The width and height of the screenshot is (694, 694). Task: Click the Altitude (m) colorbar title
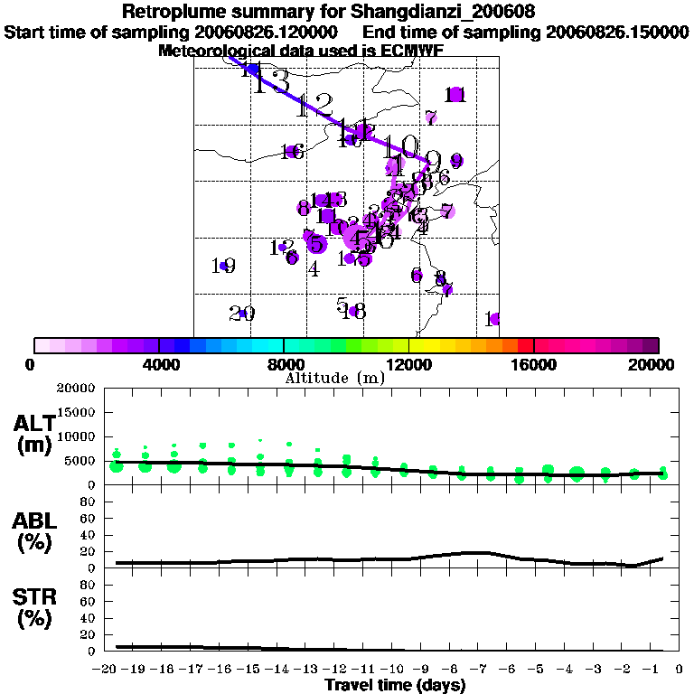click(334, 378)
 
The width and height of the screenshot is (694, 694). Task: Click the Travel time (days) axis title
click(395, 685)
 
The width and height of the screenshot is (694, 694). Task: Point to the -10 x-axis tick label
click(397, 670)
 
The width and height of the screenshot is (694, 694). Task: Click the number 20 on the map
click(241, 314)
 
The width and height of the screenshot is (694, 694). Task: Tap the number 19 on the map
click(223, 266)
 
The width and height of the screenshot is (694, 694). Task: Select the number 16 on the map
click(291, 152)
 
